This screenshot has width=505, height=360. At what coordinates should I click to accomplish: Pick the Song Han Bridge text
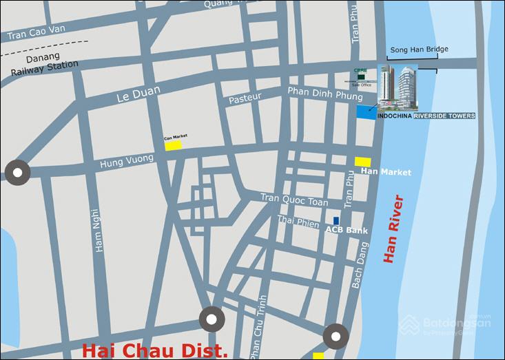419,50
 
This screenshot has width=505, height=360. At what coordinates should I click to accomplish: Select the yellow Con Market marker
172,145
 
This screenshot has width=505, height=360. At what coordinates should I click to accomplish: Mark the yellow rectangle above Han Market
363,161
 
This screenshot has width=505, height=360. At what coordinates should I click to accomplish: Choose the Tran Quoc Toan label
294,198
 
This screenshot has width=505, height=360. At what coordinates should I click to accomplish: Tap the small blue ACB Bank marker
336,221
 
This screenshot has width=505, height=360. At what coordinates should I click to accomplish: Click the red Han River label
393,229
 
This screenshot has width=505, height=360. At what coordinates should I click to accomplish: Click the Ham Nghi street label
98,231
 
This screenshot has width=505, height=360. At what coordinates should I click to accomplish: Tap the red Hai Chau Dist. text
154,350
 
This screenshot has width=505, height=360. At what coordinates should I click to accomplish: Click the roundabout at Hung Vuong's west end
17,171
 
